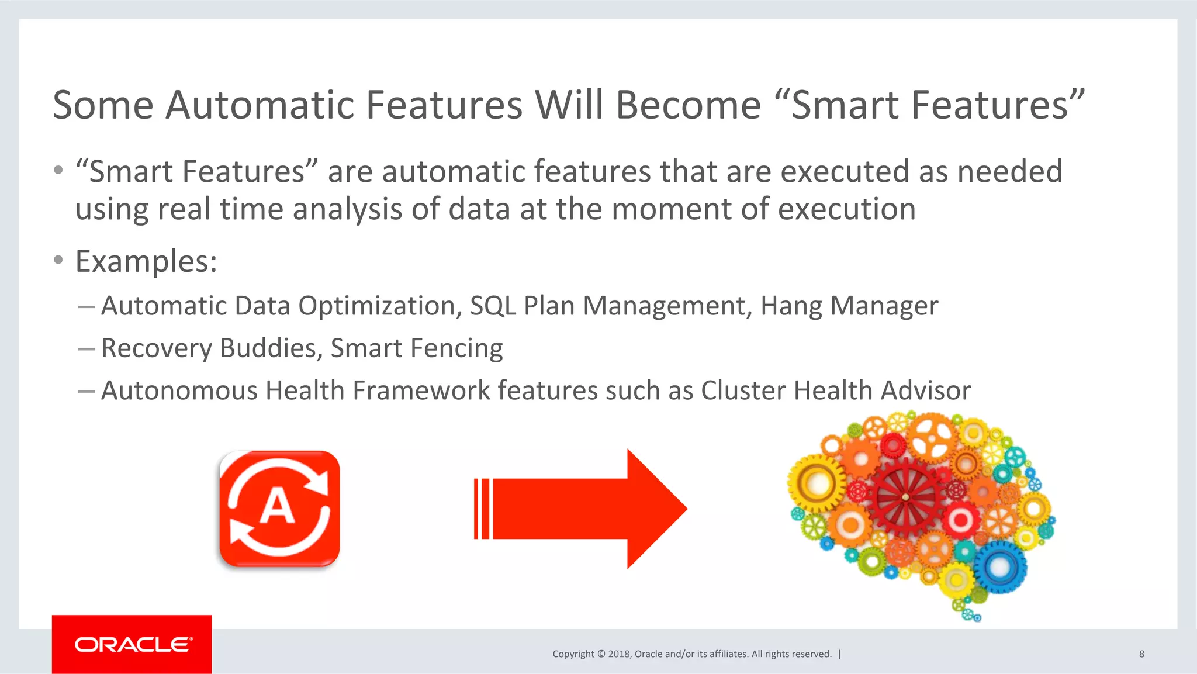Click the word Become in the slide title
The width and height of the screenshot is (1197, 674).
pyautogui.click(x=688, y=105)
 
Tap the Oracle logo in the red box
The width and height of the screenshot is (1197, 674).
pyautogui.click(x=133, y=644)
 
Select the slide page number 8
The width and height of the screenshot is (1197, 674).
pyautogui.click(x=1141, y=654)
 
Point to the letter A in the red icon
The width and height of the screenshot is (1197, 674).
pyautogui.click(x=277, y=506)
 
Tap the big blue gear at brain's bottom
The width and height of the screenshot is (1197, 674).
pyautogui.click(x=999, y=566)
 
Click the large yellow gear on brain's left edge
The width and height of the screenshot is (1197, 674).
pyautogui.click(x=817, y=483)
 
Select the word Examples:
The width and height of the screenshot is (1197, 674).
pyautogui.click(x=146, y=261)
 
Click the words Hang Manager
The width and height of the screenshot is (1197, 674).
pyautogui.click(x=849, y=306)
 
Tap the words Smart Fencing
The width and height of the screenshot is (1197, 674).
pyautogui.click(x=416, y=348)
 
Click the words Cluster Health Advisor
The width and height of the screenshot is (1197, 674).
pyautogui.click(x=835, y=390)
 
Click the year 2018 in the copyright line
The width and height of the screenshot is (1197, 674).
pyautogui.click(x=618, y=654)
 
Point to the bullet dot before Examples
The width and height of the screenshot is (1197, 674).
pyautogui.click(x=58, y=260)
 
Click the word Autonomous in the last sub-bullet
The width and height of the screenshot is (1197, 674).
pyautogui.click(x=179, y=390)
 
